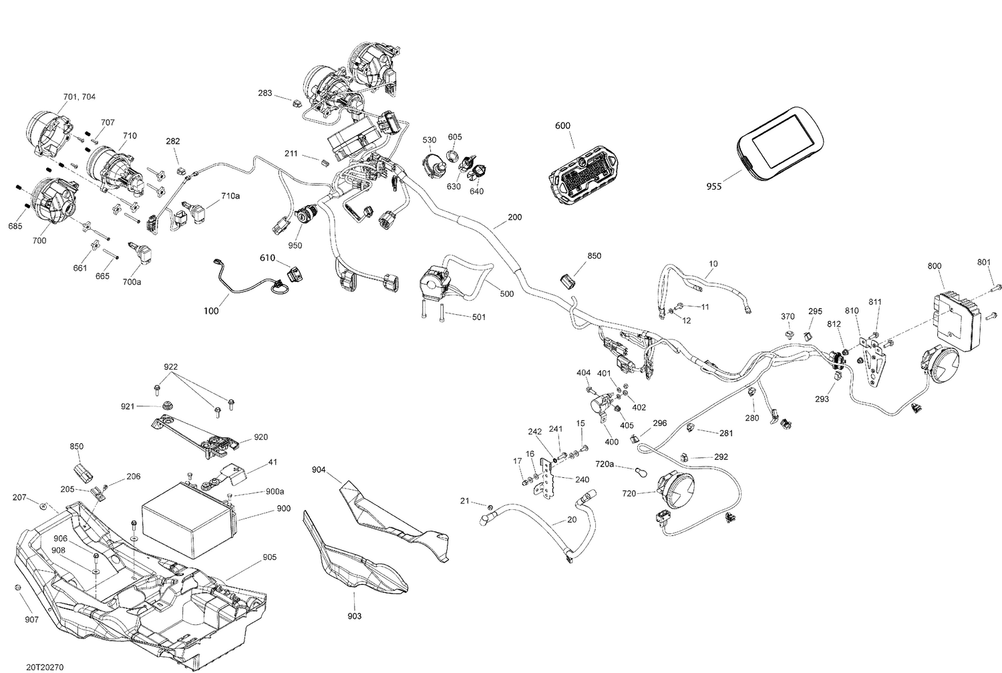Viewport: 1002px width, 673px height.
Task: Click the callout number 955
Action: point(713,187)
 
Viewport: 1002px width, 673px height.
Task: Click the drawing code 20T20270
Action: point(45,667)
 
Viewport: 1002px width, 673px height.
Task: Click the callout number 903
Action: point(355,616)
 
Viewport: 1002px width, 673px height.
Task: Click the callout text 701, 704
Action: point(79,97)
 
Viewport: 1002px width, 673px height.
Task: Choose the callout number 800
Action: point(934,266)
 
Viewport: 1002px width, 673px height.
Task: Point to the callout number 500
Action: point(506,294)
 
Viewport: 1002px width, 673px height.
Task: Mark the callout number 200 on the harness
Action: point(515,217)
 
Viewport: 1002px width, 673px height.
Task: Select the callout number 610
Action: point(268,257)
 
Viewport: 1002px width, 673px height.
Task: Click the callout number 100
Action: point(211,311)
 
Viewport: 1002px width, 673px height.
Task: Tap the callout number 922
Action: point(172,367)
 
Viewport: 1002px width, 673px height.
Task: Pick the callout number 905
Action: point(269,557)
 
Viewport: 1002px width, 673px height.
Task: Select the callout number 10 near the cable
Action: point(713,264)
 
